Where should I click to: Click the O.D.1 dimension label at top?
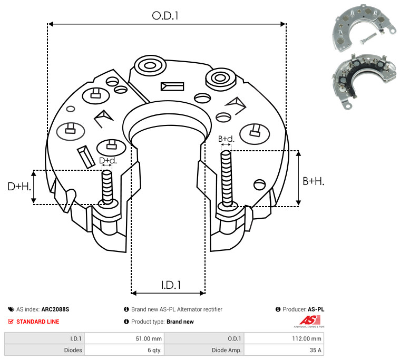165,16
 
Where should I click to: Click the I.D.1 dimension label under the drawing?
171,285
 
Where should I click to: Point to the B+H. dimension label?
313,181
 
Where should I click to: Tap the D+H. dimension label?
19,187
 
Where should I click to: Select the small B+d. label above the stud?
226,139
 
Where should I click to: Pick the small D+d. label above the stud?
108,160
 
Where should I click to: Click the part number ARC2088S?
55,309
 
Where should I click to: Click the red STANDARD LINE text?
38,322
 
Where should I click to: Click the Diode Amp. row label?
227,350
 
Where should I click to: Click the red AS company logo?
310,320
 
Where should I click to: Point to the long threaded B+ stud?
226,178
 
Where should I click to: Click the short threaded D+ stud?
107,186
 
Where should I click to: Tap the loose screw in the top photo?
368,38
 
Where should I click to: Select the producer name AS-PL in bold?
316,309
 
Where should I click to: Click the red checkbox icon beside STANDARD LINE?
11,322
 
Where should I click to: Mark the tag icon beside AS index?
11,309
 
